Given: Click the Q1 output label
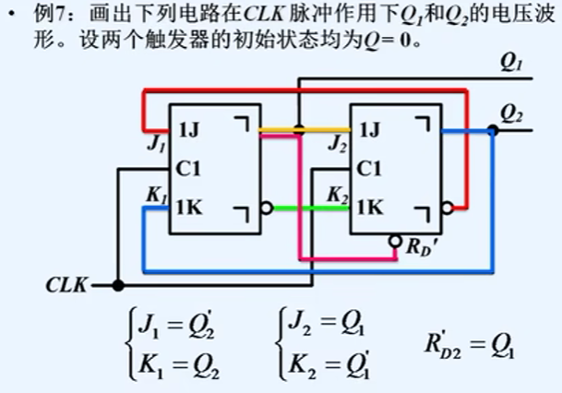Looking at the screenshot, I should (x=511, y=67).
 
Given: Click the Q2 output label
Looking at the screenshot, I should (x=511, y=115).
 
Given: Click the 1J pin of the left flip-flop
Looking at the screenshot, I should (x=187, y=130).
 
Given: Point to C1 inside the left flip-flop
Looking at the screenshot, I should (x=187, y=169).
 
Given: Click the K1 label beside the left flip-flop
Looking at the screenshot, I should (x=155, y=195).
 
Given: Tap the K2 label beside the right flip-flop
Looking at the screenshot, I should (x=337, y=195).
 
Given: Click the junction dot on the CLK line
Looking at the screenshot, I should (x=117, y=286).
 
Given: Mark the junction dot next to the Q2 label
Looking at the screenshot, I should (x=493, y=131).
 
